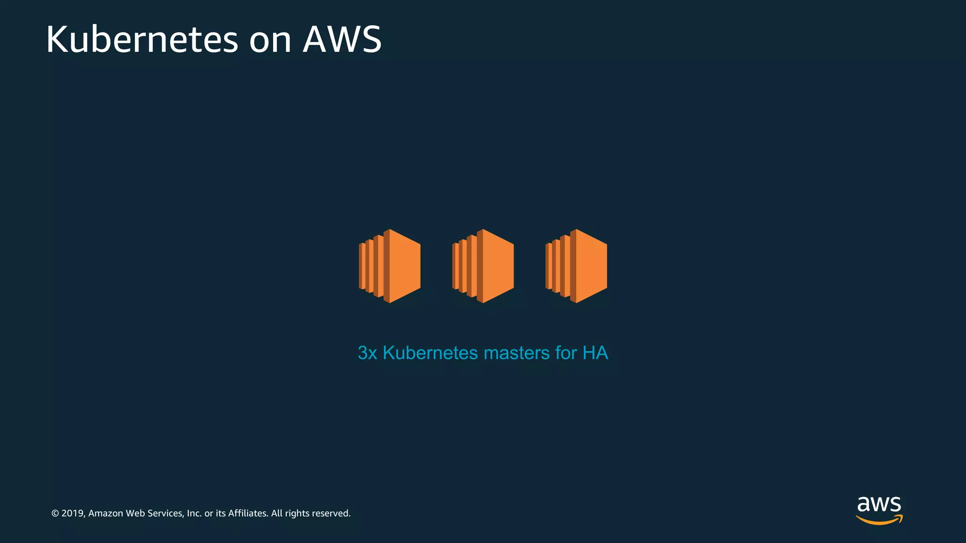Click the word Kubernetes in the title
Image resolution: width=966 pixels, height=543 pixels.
142,40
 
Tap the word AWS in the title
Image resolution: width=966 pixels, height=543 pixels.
342,40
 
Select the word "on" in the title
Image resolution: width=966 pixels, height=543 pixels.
270,41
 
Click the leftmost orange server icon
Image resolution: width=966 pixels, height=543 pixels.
390,266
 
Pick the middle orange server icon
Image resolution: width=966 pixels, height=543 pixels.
483,266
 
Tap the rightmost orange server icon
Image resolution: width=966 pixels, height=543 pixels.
576,266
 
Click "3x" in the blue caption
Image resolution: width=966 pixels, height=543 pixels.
367,353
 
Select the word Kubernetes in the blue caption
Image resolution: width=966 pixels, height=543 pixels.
430,353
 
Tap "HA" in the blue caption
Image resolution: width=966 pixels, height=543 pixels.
595,353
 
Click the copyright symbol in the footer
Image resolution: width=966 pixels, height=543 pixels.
55,513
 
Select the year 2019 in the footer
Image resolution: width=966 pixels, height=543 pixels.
73,513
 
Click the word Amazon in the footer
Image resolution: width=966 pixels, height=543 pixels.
106,513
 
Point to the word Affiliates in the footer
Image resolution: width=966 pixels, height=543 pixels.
248,513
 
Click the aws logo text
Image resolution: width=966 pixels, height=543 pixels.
879,504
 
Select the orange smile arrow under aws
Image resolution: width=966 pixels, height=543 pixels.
879,520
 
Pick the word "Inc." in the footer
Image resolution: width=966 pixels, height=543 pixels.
194,513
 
